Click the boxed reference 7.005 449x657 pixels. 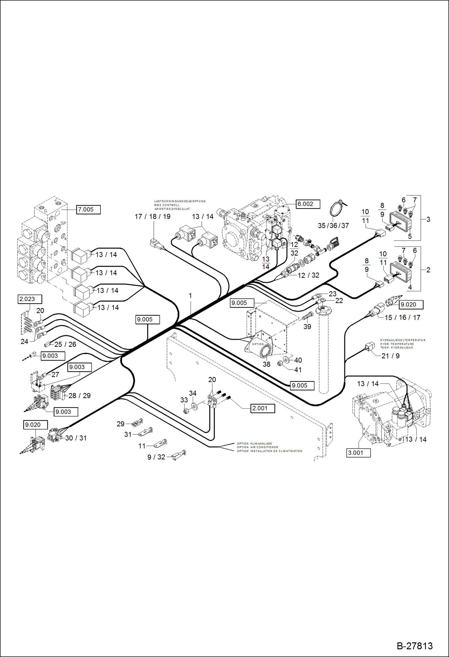pos(88,209)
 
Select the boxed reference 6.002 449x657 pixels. pos(308,204)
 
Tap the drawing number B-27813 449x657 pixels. pos(415,646)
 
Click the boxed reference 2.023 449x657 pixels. pos(29,299)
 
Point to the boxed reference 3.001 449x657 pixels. pos(358,453)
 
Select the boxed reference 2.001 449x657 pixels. pos(262,408)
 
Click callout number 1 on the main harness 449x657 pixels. pos(190,296)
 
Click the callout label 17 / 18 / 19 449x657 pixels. pos(153,217)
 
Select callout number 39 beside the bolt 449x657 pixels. pos(307,327)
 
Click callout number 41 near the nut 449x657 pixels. pos(298,370)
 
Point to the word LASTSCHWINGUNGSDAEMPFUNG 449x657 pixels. pos(180,201)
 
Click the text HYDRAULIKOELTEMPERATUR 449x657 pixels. pos(403,340)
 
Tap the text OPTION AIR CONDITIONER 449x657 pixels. pos(257,447)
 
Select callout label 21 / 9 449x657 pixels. pos(390,356)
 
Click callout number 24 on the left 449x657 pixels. pos(24,342)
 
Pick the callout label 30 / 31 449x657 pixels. pos(76,438)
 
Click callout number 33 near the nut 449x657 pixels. pos(184,400)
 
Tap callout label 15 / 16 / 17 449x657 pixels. pos(402,318)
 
